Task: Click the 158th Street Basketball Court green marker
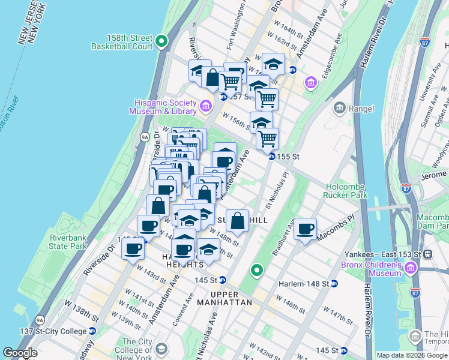click(x=161, y=41)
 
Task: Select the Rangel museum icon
click(x=340, y=107)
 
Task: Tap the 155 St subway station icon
click(x=271, y=156)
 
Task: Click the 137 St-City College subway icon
click(x=92, y=331)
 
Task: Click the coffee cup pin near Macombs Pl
click(x=306, y=229)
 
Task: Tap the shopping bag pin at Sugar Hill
click(x=238, y=221)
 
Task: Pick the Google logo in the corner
click(x=20, y=353)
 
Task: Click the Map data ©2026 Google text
click(x=412, y=355)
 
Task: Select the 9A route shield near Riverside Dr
click(x=144, y=137)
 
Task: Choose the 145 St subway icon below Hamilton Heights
click(x=222, y=280)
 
